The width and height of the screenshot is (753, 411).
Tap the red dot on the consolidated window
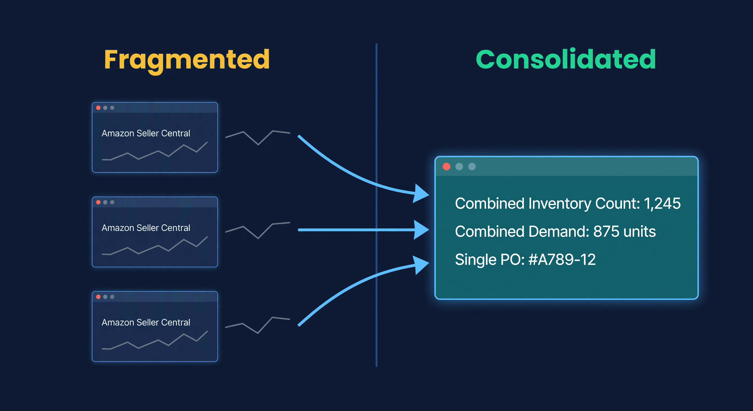[x=446, y=166]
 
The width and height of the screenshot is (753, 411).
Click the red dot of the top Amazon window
[x=98, y=108]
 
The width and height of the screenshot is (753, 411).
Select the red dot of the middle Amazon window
[x=98, y=202]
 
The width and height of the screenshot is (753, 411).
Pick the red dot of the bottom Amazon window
[x=98, y=297]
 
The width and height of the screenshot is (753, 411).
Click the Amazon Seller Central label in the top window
[x=146, y=134]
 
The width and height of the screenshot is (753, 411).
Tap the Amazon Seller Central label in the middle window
[x=146, y=228]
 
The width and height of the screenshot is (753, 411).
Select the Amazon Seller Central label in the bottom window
[x=146, y=322]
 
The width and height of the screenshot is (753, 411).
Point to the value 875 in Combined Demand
[x=606, y=232]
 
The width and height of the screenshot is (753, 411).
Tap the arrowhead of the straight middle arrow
[x=422, y=230]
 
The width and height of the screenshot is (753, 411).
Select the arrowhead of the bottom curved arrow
[x=421, y=265]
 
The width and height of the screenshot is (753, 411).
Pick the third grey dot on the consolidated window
[x=472, y=166]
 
